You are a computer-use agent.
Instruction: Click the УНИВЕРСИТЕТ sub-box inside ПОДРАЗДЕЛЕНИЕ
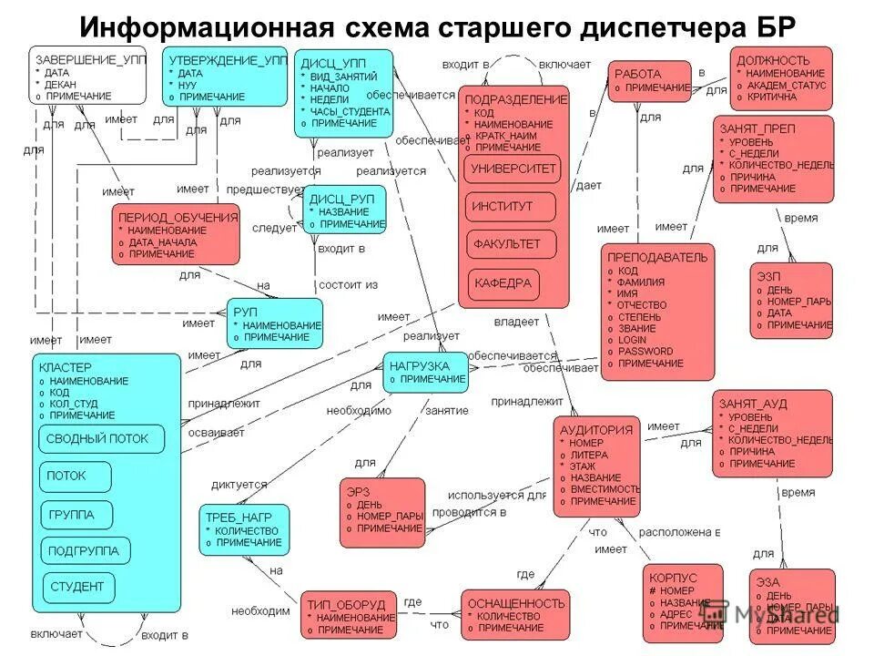[x=513, y=169]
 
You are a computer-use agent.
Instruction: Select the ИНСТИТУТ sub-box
[x=510, y=207]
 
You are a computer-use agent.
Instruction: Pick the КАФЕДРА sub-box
[x=503, y=283]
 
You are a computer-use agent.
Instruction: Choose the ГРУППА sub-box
[x=76, y=515]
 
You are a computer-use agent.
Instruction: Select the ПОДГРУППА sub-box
[x=85, y=550]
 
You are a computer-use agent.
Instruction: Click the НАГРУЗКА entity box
[x=425, y=372]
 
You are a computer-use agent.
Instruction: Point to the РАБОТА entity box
[x=649, y=80]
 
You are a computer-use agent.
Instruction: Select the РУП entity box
[x=275, y=323]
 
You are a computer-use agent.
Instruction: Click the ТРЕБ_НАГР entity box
[x=245, y=529]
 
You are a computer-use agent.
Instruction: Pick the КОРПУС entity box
[x=683, y=602]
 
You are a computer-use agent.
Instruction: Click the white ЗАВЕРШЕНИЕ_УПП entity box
[x=86, y=76]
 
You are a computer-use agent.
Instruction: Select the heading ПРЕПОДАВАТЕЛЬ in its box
[x=657, y=257]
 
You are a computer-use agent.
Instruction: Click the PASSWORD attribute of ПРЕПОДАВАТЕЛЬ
[x=645, y=351]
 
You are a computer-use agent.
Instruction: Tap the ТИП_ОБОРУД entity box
[x=350, y=615]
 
